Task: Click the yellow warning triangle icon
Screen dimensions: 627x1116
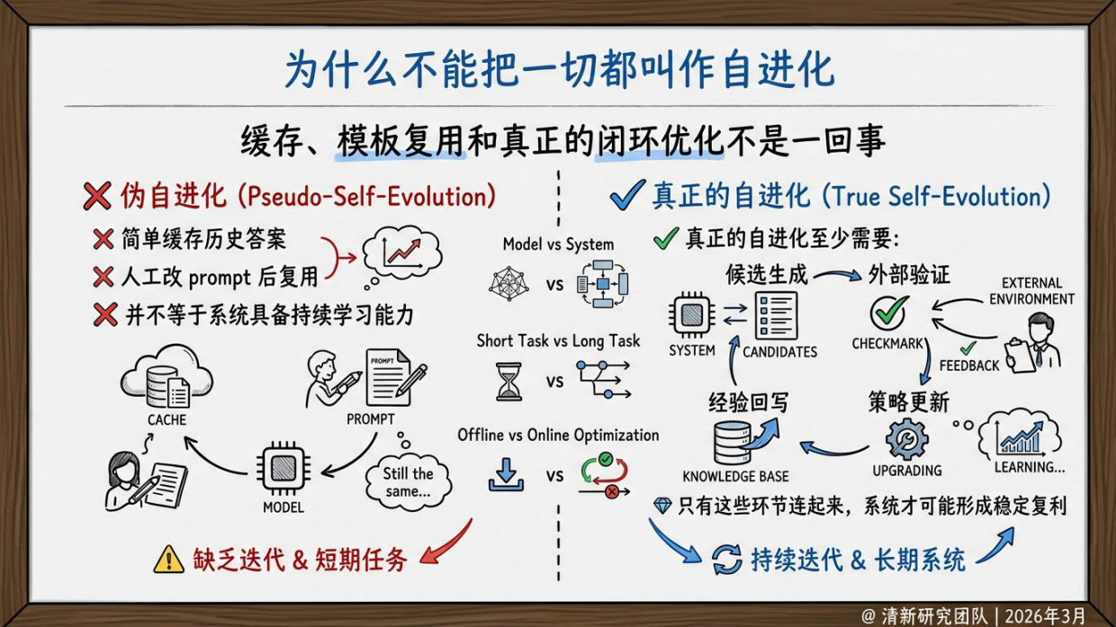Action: coord(168,560)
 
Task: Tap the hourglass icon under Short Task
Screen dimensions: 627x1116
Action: coord(508,381)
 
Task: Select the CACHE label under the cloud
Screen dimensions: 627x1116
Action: coord(166,419)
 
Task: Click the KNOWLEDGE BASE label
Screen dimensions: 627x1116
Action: coord(735,477)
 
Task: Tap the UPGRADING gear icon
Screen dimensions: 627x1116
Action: coord(906,439)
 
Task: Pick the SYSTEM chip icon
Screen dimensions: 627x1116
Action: coord(692,316)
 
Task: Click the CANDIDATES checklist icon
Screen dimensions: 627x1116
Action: coord(777,316)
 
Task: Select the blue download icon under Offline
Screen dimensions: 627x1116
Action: coord(506,474)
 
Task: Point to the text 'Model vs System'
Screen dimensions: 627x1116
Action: coord(558,244)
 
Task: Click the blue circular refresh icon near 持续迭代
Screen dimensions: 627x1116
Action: coord(726,560)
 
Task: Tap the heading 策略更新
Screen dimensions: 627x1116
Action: coord(908,401)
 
